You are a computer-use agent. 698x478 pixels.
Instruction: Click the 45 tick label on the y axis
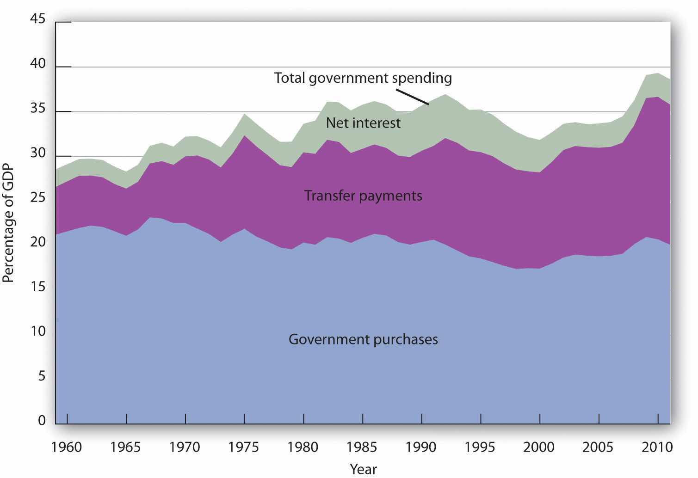pos(38,19)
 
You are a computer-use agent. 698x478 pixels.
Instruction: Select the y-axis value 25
pos(38,198)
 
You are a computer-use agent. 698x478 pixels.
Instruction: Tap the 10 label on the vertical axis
pos(38,332)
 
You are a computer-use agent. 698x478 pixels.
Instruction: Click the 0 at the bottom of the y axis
pos(42,421)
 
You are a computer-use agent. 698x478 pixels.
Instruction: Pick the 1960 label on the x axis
pos(67,447)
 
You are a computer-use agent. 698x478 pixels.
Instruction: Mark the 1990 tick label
pos(422,447)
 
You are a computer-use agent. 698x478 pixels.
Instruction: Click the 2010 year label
pos(658,447)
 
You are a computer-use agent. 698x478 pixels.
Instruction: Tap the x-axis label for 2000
pos(540,447)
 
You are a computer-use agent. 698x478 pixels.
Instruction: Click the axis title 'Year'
pos(364,469)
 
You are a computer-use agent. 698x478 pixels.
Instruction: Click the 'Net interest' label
pos(363,123)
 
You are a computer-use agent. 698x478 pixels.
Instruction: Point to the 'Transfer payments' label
pos(363,196)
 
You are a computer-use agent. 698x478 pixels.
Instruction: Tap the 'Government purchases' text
pos(363,339)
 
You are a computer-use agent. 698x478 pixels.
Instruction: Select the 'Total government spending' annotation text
pos(363,78)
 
